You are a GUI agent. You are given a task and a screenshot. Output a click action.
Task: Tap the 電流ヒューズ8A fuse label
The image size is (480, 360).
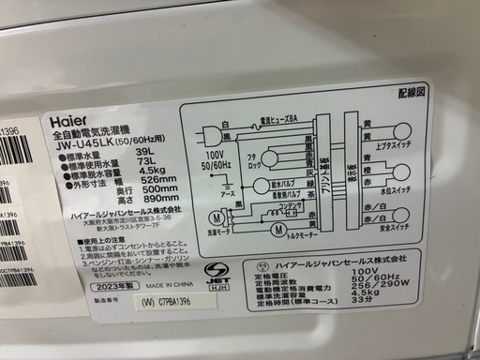(278, 118)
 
